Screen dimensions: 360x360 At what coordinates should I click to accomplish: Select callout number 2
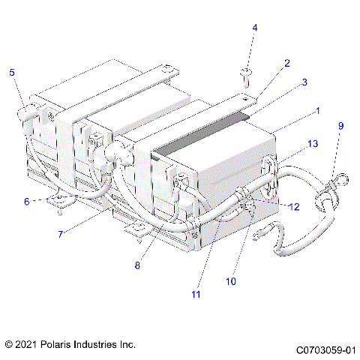[286, 64]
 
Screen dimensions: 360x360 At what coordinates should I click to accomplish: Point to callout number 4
[254, 28]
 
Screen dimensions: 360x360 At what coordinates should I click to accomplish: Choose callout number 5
[12, 72]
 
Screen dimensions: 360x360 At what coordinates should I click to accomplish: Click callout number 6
[26, 201]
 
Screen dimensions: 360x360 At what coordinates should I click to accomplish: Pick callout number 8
[137, 264]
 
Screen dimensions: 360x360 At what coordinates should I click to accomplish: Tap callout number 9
[340, 126]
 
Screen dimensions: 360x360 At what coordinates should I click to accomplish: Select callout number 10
[231, 281]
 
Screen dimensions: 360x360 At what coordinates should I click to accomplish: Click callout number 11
[196, 295]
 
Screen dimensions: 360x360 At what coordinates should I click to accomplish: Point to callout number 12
[295, 207]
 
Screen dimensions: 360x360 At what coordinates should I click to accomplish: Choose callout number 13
[313, 143]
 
